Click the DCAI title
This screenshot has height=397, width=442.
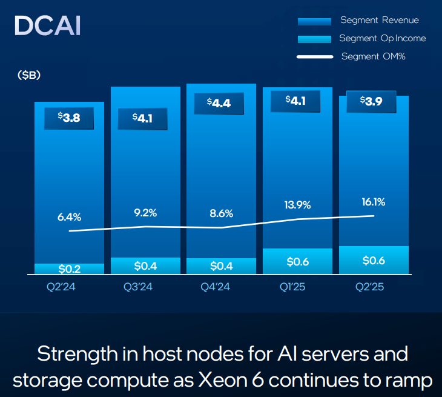pyautogui.click(x=47, y=26)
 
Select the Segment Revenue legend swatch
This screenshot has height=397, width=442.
pyautogui.click(x=314, y=21)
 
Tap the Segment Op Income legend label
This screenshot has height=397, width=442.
pyautogui.click(x=382, y=38)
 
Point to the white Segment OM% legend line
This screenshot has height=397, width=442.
pyautogui.click(x=314, y=57)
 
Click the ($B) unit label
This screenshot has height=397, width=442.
pyautogui.click(x=29, y=75)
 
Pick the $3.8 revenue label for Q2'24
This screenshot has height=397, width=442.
pyautogui.click(x=69, y=118)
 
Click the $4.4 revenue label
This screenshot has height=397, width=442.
pyautogui.click(x=219, y=103)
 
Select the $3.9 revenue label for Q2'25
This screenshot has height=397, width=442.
pyautogui.click(x=371, y=101)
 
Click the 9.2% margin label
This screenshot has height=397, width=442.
pyautogui.click(x=145, y=212)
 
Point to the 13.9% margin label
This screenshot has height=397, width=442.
pyautogui.click(x=298, y=204)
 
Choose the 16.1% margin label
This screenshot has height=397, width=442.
pyautogui.click(x=374, y=201)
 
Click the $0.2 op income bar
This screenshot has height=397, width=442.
pyautogui.click(x=69, y=269)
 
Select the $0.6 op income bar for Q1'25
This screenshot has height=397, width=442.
pyautogui.click(x=297, y=261)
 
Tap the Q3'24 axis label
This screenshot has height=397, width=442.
pyautogui.click(x=145, y=288)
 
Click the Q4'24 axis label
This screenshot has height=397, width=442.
pyautogui.click(x=221, y=288)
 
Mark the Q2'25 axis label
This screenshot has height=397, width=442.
pyautogui.click(x=374, y=288)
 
